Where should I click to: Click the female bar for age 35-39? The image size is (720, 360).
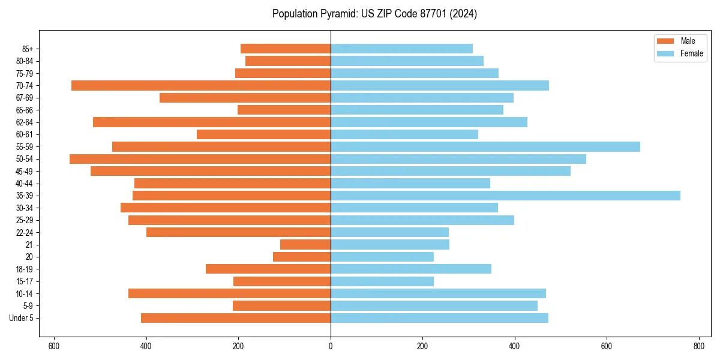pyautogui.click(x=505, y=196)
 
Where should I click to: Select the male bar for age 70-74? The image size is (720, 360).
pyautogui.click(x=201, y=85)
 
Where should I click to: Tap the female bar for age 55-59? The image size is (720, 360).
pyautogui.click(x=485, y=146)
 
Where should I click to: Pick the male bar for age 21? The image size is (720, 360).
pyautogui.click(x=305, y=245)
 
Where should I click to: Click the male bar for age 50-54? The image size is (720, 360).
pyautogui.click(x=200, y=159)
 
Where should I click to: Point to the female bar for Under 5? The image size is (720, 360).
pyautogui.click(x=439, y=318)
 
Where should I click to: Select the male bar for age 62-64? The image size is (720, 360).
pyautogui.click(x=212, y=122)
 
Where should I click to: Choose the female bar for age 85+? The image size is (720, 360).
pyautogui.click(x=401, y=49)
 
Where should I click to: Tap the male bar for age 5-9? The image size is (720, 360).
pyautogui.click(x=281, y=306)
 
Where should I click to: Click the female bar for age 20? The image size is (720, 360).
pyautogui.click(x=382, y=257)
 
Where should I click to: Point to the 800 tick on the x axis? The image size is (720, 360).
pyautogui.click(x=698, y=346)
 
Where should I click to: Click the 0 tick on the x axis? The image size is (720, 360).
pyautogui.click(x=331, y=346)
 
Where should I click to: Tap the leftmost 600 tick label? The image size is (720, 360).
pyautogui.click(x=54, y=346)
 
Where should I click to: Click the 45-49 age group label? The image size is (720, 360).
pyautogui.click(x=24, y=171)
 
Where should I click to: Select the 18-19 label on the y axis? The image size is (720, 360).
pyautogui.click(x=24, y=269)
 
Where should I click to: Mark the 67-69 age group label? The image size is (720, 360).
pyautogui.click(x=24, y=98)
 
